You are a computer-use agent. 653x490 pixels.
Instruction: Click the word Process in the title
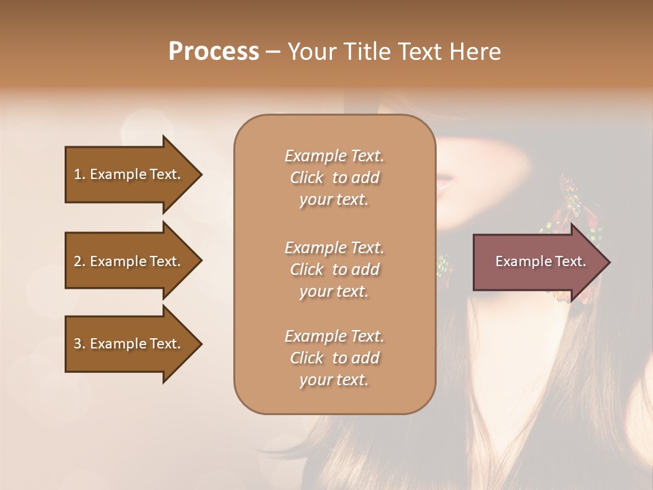click(214, 52)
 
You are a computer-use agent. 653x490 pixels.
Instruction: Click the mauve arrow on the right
click(537, 261)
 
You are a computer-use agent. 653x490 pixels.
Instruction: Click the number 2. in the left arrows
click(80, 261)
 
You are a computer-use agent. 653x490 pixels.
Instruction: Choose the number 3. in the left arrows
click(80, 344)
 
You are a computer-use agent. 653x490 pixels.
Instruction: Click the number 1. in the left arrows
click(80, 174)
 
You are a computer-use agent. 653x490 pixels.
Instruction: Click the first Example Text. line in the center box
click(334, 156)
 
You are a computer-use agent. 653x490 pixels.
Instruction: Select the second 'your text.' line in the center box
click(334, 291)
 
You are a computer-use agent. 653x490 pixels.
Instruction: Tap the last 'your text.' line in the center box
click(334, 380)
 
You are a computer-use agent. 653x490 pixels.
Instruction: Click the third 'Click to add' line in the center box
click(334, 358)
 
